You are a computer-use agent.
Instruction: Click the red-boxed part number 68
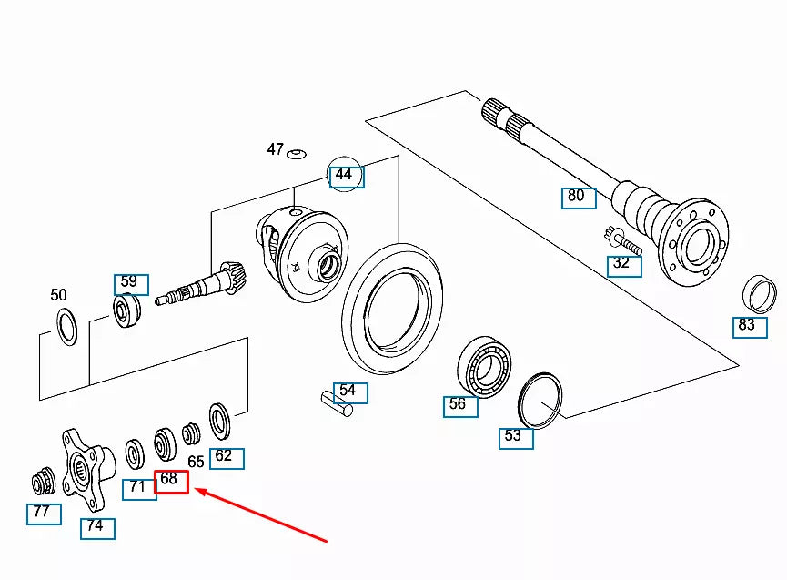coord(171,481)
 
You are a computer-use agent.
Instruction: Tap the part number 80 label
coord(578,197)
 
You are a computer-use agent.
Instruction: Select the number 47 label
coord(275,149)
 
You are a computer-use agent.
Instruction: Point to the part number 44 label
coord(346,176)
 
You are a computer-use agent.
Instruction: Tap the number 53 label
coord(516,437)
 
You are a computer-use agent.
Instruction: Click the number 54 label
coord(350,392)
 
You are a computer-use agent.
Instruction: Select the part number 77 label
coord(44,514)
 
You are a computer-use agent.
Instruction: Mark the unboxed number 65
coord(196,462)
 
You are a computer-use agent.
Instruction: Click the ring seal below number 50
coord(66,326)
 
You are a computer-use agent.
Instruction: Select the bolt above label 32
coord(623,241)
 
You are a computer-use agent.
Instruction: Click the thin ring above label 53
coord(540,399)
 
